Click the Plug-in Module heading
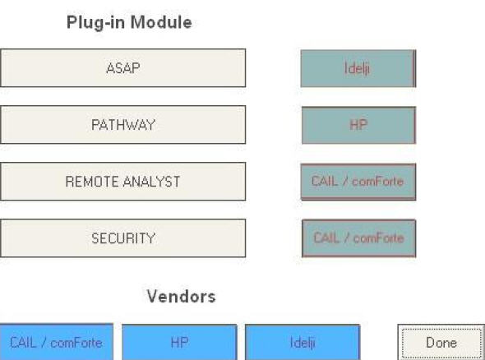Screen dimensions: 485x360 pos(129,22)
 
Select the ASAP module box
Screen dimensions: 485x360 pos(122,68)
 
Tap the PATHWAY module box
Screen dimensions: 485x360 pos(122,125)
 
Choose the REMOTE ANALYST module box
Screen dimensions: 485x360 pos(122,182)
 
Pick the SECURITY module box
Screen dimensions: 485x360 pos(122,238)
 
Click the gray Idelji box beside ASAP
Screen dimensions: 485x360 pos(358,68)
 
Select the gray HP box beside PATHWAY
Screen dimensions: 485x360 pos(358,125)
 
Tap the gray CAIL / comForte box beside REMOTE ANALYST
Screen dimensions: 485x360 pos(358,182)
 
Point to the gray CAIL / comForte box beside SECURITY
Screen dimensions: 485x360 pos(358,238)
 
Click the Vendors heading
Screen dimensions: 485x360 pos(181,296)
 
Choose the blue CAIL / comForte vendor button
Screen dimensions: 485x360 pos(56,342)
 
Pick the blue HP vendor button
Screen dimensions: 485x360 pos(179,343)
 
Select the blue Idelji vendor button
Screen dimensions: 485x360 pos(303,343)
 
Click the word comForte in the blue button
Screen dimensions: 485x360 pos(76,343)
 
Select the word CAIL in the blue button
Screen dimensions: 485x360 pos(23,343)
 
